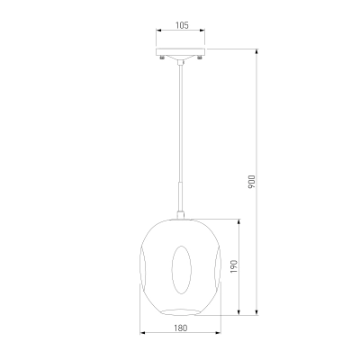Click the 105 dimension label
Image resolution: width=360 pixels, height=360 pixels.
point(182,25)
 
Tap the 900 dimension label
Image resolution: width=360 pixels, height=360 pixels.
point(252,182)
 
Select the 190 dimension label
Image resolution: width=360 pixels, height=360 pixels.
point(234,266)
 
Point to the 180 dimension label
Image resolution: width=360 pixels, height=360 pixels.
point(181,328)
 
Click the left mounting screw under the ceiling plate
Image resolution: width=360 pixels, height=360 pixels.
point(162,57)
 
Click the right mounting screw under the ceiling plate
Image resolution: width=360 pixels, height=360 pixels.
point(199,57)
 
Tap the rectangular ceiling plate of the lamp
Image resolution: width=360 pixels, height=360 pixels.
point(180,51)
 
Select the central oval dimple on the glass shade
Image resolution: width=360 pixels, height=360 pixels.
point(181,270)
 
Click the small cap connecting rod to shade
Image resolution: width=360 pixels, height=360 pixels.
point(180,215)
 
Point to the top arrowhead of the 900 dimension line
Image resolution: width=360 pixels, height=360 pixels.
point(256,51)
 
